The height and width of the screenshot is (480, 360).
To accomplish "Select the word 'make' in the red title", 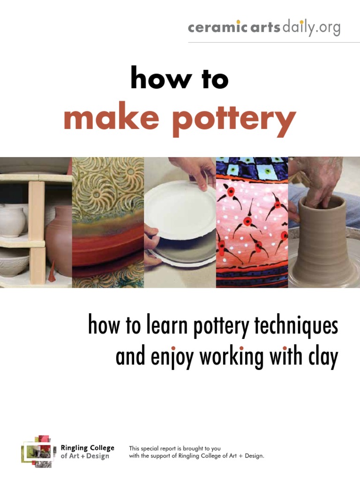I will (x=111, y=119).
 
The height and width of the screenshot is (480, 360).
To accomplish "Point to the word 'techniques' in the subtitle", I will (x=297, y=326).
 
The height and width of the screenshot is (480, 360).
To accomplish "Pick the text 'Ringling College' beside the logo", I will (x=88, y=448).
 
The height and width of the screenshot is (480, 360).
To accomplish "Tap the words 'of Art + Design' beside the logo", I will (x=85, y=456).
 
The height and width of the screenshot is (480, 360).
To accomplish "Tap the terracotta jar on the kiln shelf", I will (x=60, y=239).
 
